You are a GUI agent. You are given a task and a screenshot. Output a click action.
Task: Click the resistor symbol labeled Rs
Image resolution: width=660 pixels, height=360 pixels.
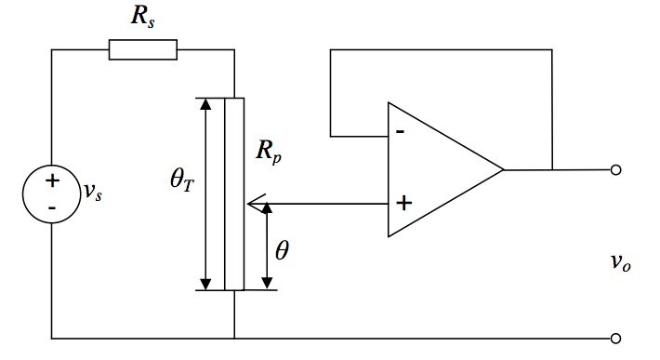click(x=142, y=49)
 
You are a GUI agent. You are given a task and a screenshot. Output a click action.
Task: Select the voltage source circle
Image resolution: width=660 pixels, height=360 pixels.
click(x=52, y=193)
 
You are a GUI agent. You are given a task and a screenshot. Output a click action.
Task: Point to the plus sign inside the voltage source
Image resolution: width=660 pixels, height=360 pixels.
click(x=52, y=180)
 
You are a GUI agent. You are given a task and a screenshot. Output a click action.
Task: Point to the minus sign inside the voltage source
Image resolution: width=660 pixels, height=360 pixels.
click(x=51, y=206)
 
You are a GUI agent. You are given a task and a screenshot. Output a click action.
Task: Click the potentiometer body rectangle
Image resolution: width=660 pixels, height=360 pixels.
click(x=234, y=193)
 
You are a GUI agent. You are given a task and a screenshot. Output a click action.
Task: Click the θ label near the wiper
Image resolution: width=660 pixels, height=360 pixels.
click(x=282, y=251)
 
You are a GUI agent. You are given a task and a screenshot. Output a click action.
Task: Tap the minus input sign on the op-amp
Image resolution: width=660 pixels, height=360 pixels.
click(x=400, y=131)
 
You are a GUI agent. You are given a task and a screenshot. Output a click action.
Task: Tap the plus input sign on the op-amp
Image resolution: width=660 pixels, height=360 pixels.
click(x=403, y=202)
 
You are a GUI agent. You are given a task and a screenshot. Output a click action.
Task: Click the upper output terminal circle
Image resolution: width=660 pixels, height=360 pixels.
click(x=614, y=170)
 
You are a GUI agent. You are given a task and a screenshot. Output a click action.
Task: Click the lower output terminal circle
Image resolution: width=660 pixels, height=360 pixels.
click(x=614, y=337)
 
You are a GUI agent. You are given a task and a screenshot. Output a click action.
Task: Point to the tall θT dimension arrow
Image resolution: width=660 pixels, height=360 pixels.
click(x=206, y=193)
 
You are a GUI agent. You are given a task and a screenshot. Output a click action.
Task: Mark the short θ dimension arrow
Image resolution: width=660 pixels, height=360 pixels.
click(x=268, y=246)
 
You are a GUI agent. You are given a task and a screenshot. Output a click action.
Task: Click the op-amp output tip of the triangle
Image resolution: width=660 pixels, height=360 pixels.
click(x=502, y=170)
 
